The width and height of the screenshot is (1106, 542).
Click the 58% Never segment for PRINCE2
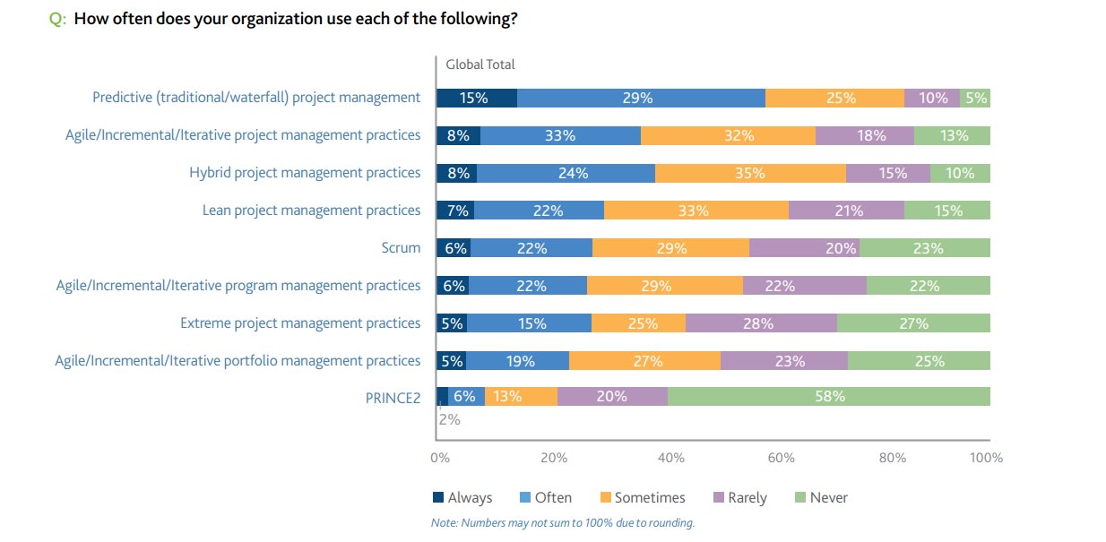tap(828, 396)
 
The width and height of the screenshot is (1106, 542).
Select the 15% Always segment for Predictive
tap(476, 98)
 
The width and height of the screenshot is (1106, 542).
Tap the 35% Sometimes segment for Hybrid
tap(750, 173)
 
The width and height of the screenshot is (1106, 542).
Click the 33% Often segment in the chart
tap(560, 135)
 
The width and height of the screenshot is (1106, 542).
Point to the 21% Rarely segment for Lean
tap(846, 211)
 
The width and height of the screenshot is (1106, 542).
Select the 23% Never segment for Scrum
tap(925, 248)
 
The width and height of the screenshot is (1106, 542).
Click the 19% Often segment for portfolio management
tap(518, 361)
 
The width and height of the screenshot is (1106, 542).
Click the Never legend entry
tap(820, 497)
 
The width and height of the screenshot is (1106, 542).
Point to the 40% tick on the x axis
tap(670, 458)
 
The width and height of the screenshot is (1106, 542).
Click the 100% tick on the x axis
tap(986, 458)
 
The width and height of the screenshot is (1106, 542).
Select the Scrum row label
tap(401, 248)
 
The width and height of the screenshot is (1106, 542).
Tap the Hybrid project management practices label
tap(304, 173)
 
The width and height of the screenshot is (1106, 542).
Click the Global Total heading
tap(480, 65)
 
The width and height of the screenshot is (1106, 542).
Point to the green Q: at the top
tap(57, 20)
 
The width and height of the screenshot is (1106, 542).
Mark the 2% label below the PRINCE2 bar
tap(449, 418)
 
